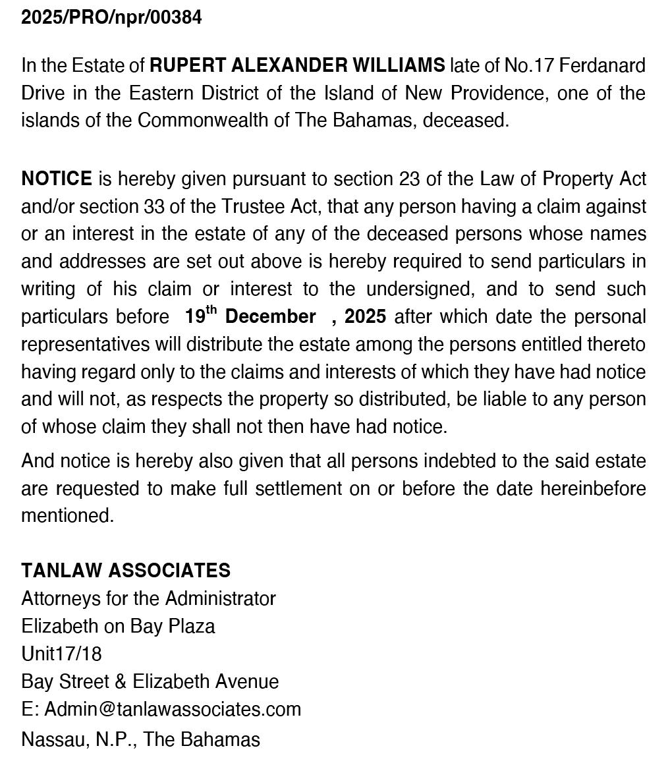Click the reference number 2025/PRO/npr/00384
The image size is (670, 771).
click(x=111, y=18)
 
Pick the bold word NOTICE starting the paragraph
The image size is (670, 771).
click(x=57, y=179)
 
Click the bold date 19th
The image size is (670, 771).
click(x=200, y=316)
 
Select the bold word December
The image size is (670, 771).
click(x=270, y=316)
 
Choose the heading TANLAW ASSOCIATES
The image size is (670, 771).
click(x=126, y=571)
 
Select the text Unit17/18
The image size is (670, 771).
click(x=61, y=654)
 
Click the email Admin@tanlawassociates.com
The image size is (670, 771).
click(x=173, y=709)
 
